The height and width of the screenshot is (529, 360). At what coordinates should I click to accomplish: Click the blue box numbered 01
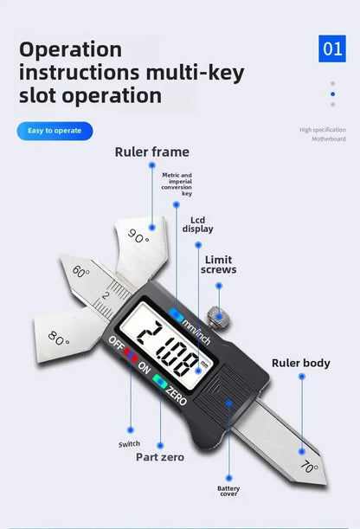[332, 48]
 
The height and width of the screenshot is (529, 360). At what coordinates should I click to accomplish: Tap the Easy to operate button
[55, 131]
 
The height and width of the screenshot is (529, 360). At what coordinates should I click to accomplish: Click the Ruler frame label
[152, 152]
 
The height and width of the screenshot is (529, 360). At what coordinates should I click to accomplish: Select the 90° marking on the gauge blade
[138, 235]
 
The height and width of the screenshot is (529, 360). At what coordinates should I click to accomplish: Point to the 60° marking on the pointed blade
[80, 271]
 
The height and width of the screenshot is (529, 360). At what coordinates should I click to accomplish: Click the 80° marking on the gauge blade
[59, 338]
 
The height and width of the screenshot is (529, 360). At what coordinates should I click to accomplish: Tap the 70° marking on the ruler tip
[309, 467]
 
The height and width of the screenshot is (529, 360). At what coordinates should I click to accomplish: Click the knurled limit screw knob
[219, 317]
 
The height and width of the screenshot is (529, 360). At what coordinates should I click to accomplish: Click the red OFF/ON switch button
[131, 355]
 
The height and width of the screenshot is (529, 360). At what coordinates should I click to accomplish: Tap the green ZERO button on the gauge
[160, 381]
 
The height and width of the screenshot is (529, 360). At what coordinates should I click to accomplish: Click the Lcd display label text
[198, 224]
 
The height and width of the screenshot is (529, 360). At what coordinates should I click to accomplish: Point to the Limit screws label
[219, 265]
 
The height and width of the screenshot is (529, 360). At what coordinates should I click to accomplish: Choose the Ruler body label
[301, 363]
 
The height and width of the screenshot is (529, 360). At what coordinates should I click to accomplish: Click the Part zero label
[160, 457]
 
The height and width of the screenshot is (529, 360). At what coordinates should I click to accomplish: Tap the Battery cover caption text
[228, 491]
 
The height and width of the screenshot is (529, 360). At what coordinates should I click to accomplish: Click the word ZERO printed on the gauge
[176, 395]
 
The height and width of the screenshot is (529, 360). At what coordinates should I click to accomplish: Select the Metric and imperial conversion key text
[177, 184]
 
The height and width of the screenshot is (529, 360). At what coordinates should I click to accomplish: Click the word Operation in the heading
[71, 50]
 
